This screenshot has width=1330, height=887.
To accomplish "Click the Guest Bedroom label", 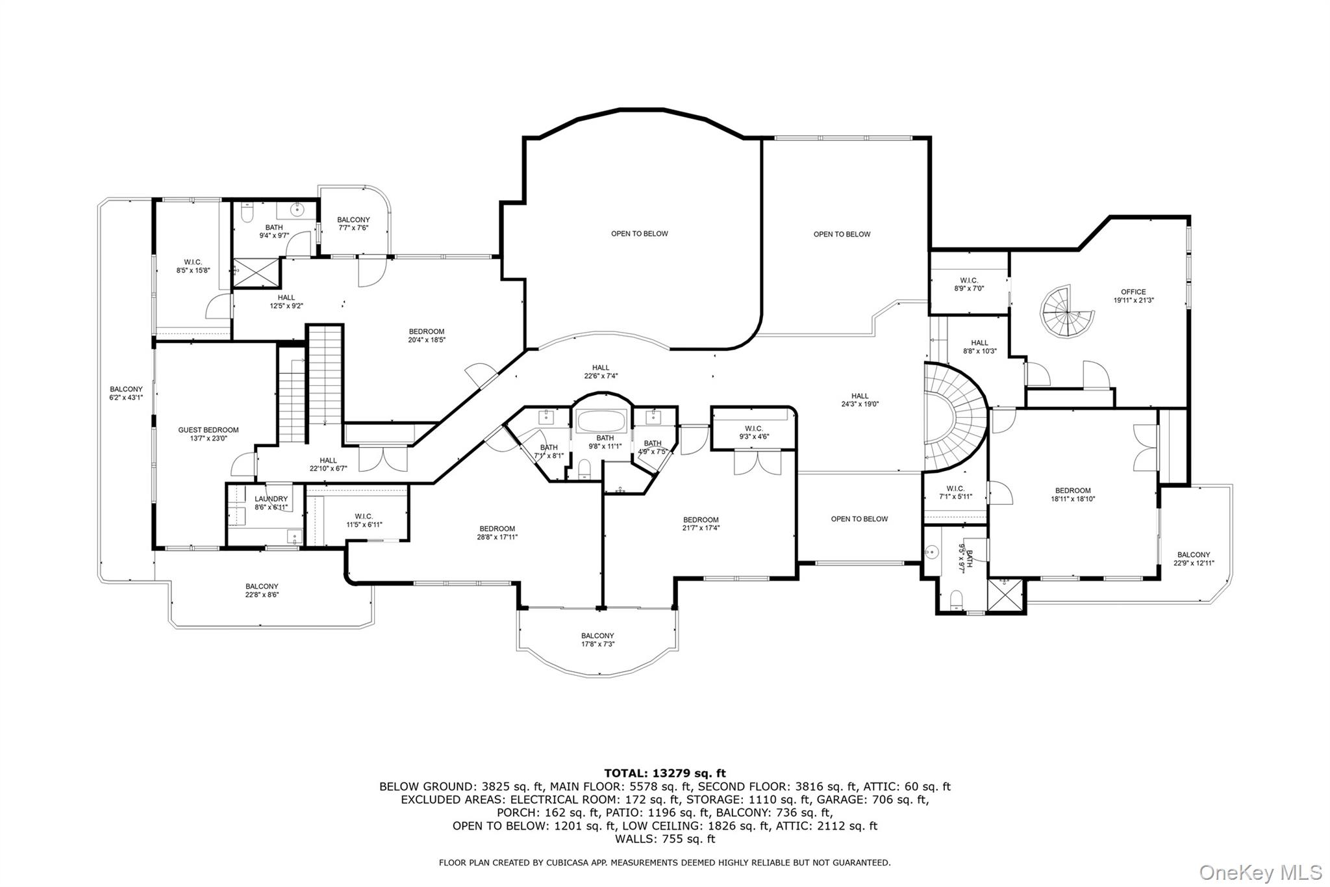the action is click(x=208, y=434).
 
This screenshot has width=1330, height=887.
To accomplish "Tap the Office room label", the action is click(x=1133, y=296).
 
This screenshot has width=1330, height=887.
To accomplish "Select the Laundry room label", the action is click(x=271, y=503).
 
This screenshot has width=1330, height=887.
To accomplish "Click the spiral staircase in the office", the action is click(x=1068, y=311).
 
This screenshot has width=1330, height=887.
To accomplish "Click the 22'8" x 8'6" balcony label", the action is click(x=262, y=590).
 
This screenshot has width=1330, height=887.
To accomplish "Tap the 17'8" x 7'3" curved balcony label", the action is click(x=597, y=639).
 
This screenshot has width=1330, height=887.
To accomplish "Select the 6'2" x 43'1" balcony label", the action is click(x=126, y=393).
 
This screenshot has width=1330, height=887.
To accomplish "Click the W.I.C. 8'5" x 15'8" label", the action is click(x=193, y=266).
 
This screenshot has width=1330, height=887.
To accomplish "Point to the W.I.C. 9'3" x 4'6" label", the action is click(x=753, y=432).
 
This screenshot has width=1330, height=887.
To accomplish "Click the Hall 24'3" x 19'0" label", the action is click(x=860, y=400).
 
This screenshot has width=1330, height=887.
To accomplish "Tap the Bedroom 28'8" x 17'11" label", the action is click(x=497, y=532).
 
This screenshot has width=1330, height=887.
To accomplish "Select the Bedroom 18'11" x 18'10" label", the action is click(x=1073, y=495).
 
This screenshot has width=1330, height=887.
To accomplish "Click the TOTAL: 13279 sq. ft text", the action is click(x=665, y=773).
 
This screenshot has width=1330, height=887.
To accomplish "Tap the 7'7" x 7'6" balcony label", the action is click(x=353, y=224).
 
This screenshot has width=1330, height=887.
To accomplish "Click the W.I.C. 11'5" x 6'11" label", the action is click(x=364, y=521).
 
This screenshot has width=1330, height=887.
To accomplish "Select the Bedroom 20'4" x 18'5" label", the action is click(x=427, y=335).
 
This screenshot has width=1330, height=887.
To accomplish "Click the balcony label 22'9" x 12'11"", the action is click(x=1194, y=559).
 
